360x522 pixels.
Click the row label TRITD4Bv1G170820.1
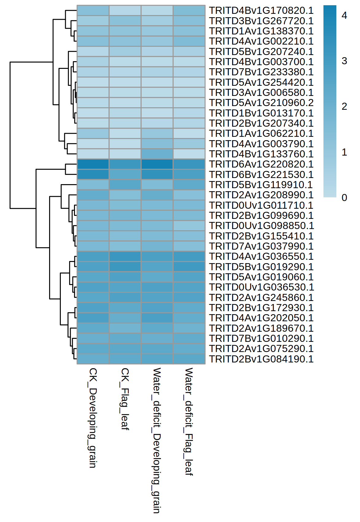point(261,10)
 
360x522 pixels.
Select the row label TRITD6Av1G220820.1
point(261,164)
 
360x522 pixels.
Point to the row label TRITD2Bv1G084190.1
point(261,359)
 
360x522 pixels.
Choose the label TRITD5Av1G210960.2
point(261,103)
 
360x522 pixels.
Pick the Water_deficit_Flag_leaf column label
point(189,421)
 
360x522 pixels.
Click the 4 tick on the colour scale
point(344,15)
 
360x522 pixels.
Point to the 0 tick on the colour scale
point(344,198)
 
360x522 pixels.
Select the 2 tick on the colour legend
point(344,106)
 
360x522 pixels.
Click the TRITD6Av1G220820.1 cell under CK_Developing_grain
point(93,164)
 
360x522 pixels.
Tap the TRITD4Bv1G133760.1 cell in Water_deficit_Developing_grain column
point(157,154)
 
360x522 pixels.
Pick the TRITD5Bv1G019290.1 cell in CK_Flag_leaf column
point(125,267)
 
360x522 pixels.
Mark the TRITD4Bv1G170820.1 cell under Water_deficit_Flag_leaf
point(189,10)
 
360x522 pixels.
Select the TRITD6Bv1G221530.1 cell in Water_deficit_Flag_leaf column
point(189,174)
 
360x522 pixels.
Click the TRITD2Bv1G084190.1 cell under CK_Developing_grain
point(93,359)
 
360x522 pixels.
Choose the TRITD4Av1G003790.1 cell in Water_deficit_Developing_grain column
point(157,144)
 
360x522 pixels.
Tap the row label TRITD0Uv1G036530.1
point(261,287)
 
